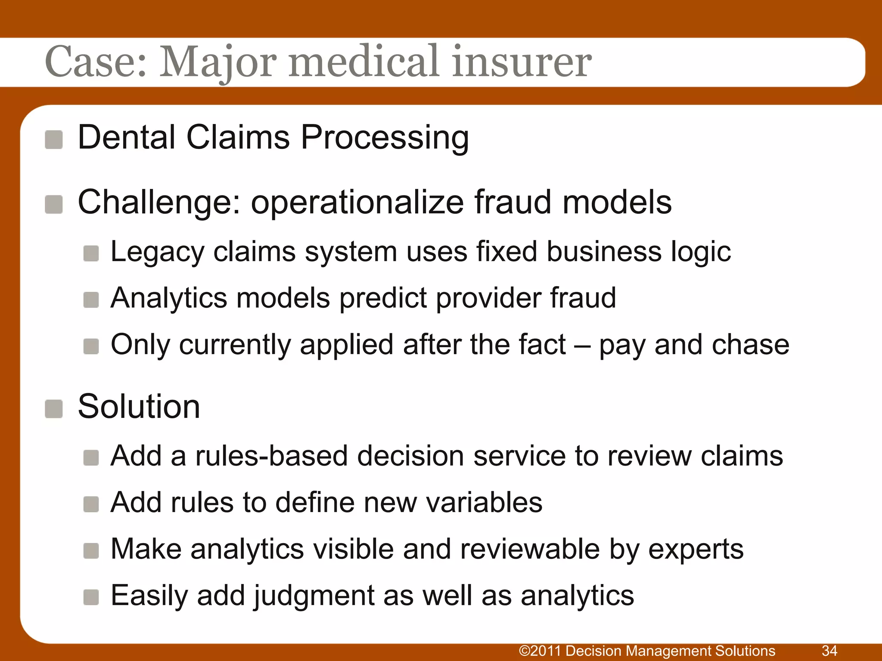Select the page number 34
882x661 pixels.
click(x=829, y=651)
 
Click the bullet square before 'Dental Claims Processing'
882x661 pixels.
click(x=54, y=140)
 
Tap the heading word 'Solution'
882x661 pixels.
click(x=139, y=407)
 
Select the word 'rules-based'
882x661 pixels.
click(x=271, y=456)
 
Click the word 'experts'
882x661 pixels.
click(x=696, y=550)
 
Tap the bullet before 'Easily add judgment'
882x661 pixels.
click(x=91, y=597)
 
